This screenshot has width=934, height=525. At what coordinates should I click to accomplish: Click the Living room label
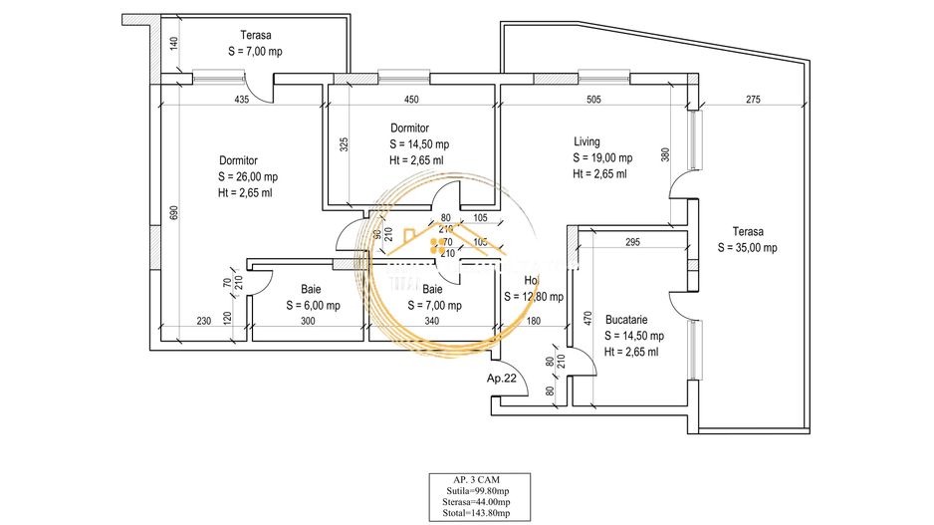(586, 141)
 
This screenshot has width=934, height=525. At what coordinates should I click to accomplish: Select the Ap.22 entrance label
(500, 379)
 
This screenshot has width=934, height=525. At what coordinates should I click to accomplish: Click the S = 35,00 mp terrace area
(751, 247)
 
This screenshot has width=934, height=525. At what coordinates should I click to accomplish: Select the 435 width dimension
(242, 100)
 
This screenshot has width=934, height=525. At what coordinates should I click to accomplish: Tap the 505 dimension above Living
(593, 100)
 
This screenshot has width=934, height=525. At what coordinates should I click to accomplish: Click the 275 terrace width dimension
(753, 100)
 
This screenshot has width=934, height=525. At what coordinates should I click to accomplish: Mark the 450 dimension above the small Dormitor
(411, 100)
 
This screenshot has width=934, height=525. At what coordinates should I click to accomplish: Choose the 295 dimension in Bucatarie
(630, 242)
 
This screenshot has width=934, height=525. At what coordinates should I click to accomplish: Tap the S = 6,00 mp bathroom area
(312, 306)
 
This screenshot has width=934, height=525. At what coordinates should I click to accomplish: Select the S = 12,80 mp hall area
(534, 297)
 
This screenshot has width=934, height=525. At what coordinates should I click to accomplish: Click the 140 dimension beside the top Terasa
(171, 45)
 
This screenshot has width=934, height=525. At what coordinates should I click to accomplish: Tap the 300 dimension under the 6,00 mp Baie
(307, 321)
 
